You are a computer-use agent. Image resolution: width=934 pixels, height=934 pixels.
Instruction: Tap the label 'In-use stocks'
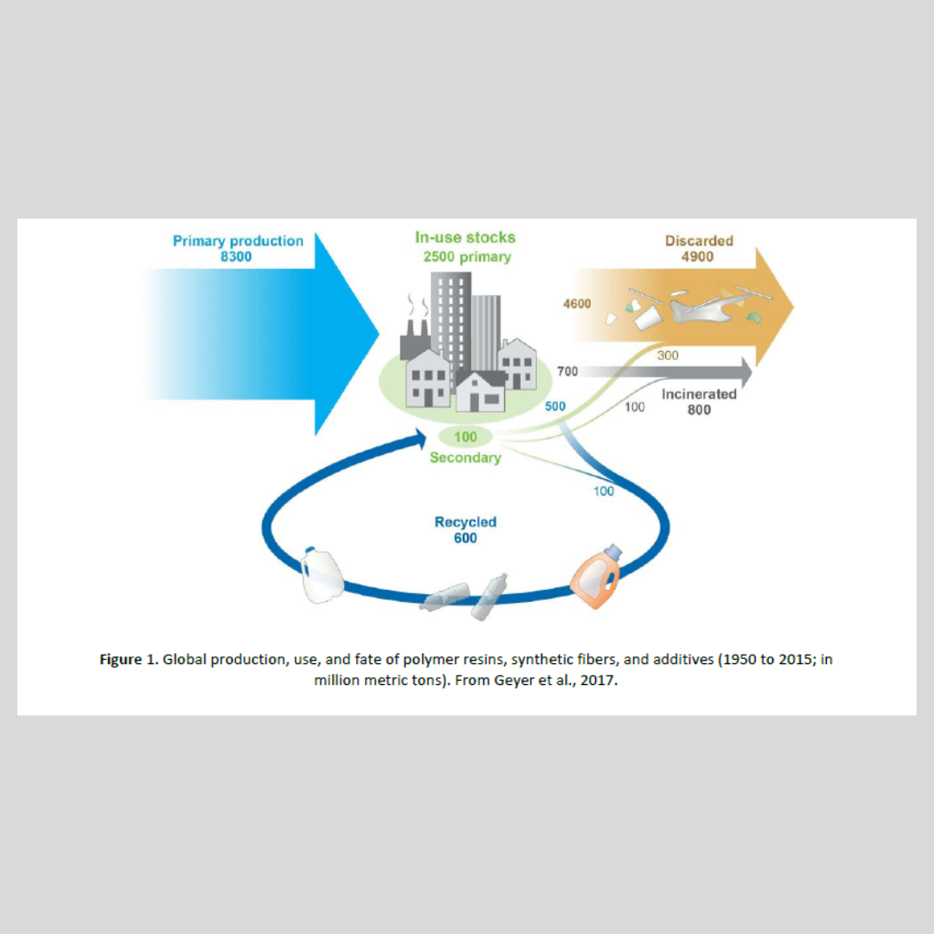point(465,238)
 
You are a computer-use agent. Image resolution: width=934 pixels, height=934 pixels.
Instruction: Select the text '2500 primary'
point(467,257)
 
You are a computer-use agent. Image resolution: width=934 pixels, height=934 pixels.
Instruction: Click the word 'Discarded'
point(699,241)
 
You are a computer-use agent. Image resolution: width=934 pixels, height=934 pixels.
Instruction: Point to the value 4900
point(698,257)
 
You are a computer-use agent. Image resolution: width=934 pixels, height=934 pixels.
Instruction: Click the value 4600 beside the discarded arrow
point(577,304)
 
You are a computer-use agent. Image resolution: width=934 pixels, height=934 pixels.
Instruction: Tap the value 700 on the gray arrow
point(567,372)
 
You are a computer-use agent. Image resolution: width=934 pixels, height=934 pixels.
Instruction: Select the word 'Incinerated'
point(699,394)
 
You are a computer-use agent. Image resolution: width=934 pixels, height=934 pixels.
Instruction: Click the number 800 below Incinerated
point(699,410)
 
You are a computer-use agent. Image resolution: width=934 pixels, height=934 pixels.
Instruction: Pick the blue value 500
point(555,406)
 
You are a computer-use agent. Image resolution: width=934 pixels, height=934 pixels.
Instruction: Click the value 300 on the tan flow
point(668,355)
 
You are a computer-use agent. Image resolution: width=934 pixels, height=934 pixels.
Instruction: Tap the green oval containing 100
point(465,437)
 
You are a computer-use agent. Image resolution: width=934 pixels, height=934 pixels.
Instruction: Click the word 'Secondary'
point(465,457)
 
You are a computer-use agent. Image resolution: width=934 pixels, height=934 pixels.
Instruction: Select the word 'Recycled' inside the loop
point(465,522)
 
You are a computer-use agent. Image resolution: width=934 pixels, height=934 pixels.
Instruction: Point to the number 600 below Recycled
point(465,538)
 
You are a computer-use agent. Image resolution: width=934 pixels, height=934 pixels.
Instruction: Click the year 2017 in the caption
point(598,681)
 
